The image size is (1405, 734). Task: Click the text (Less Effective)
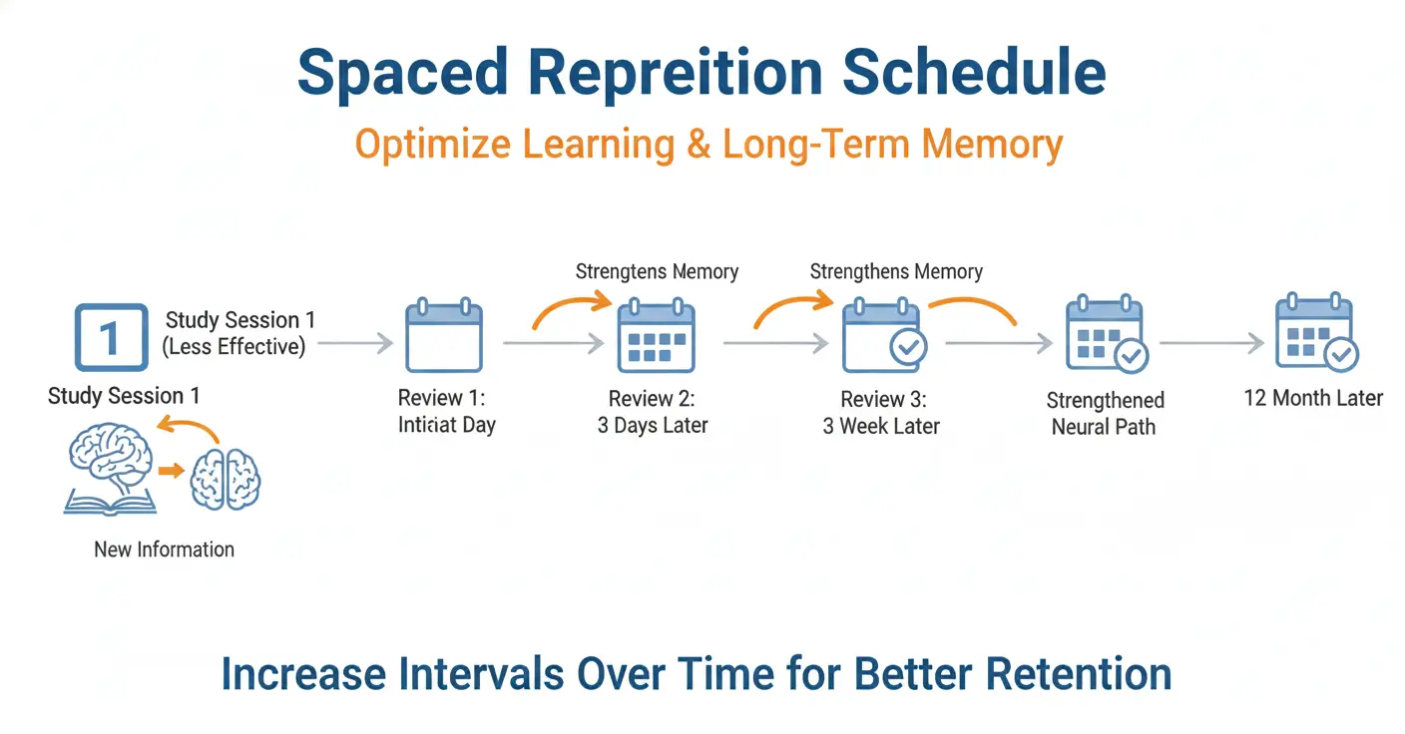234,346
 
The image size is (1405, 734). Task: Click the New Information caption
164,550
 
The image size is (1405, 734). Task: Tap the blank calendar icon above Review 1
444,337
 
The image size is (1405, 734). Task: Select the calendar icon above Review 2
656,337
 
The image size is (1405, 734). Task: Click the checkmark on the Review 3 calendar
908,347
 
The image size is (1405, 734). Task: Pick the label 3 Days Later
653,425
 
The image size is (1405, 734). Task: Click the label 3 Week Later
881,426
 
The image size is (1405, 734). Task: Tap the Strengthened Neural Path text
1104,414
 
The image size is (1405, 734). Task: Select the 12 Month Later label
1313,398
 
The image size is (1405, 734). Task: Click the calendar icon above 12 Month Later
1315,334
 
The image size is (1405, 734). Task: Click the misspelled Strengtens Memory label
657,271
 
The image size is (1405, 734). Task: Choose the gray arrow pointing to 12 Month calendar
1211,343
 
